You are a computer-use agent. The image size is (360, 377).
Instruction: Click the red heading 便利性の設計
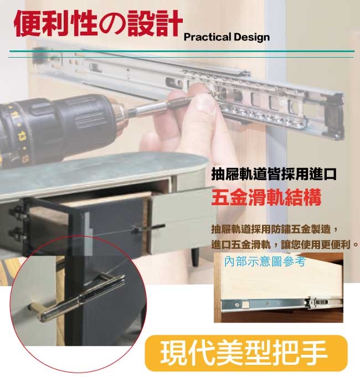(98, 23)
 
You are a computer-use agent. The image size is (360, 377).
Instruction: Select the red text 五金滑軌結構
(266, 197)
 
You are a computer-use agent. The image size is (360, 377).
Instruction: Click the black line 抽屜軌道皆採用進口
(274, 174)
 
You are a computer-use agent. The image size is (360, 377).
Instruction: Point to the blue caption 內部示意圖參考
(265, 261)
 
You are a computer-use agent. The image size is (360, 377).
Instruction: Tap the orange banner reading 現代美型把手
(246, 353)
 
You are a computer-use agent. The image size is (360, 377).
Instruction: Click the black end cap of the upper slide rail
(335, 116)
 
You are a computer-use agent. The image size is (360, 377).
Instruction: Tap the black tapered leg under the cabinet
(196, 257)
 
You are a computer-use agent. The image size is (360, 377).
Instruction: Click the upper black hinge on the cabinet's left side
(17, 212)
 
